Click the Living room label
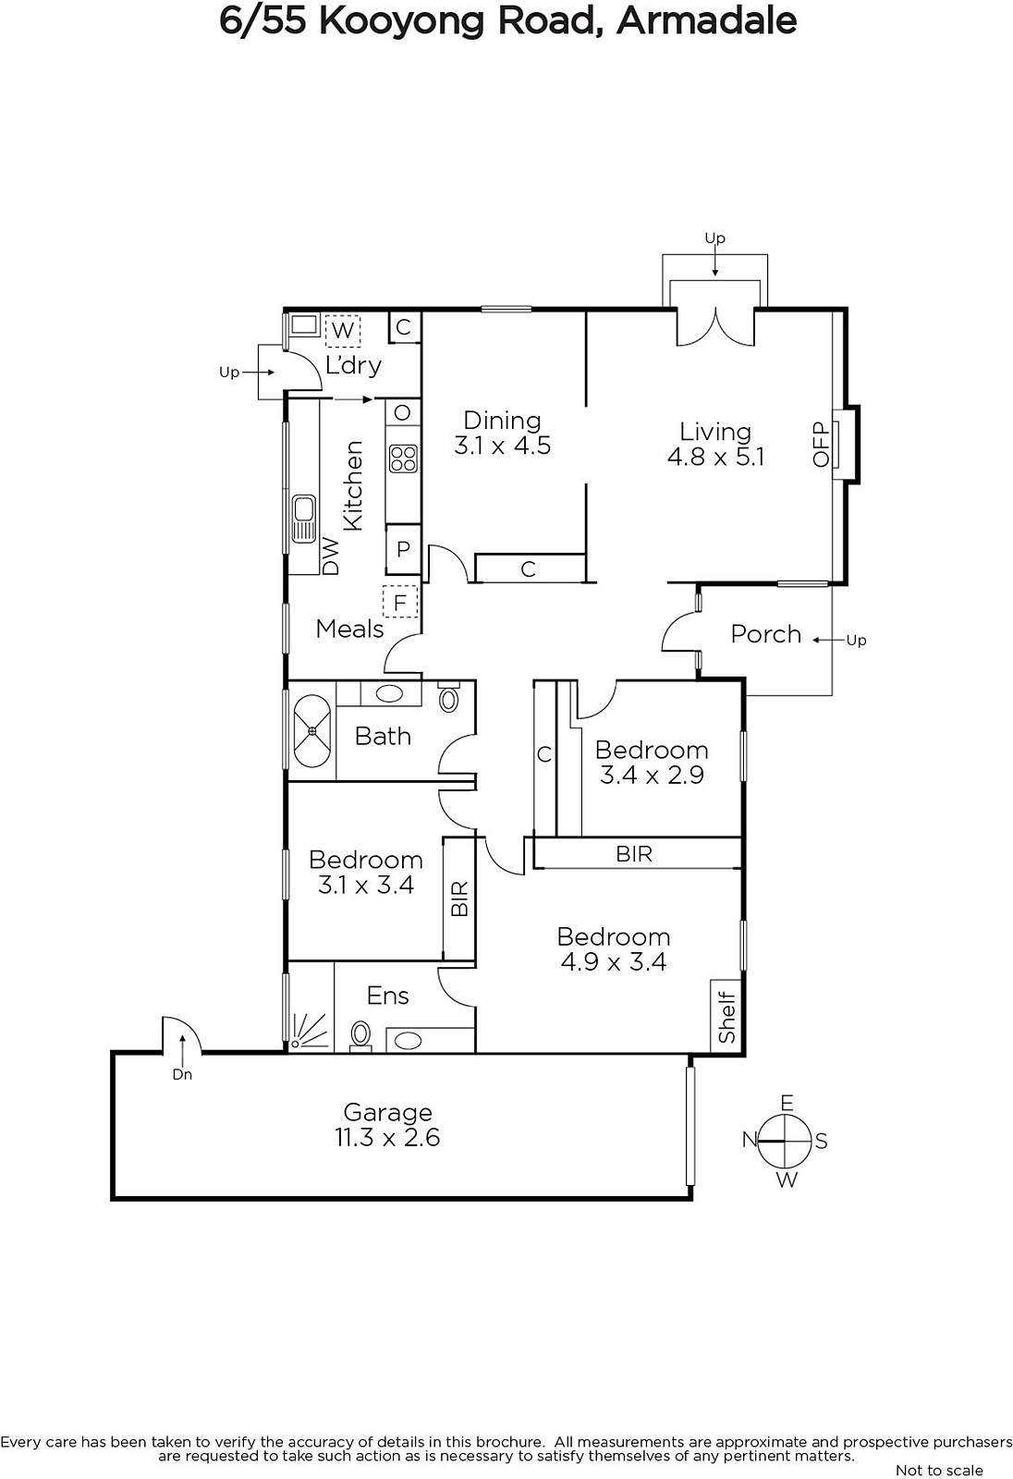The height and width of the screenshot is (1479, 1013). pyautogui.click(x=715, y=432)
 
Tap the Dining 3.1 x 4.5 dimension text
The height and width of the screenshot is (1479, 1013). pyautogui.click(x=503, y=445)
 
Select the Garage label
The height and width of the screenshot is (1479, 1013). pyautogui.click(x=387, y=1113)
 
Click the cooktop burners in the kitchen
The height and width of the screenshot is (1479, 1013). pyautogui.click(x=403, y=458)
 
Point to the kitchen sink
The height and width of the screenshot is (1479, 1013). pyautogui.click(x=304, y=519)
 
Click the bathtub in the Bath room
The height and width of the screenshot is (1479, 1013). pyautogui.click(x=311, y=730)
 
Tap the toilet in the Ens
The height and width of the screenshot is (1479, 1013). pyautogui.click(x=360, y=1034)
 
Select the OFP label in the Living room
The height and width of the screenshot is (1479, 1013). pyautogui.click(x=821, y=445)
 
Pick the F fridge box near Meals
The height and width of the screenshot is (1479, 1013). pyautogui.click(x=399, y=602)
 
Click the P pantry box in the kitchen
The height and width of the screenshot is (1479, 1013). pyautogui.click(x=403, y=548)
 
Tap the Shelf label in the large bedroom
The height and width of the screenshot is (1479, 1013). pyautogui.click(x=726, y=1017)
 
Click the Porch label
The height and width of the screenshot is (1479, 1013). pyautogui.click(x=766, y=634)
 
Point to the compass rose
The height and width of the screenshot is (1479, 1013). pyautogui.click(x=785, y=1141)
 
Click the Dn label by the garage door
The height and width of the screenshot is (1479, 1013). pyautogui.click(x=182, y=1075)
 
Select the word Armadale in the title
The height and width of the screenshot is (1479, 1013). pyautogui.click(x=706, y=21)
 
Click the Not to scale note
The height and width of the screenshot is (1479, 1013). pyautogui.click(x=939, y=1470)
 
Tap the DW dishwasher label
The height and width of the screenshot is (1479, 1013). pyautogui.click(x=331, y=556)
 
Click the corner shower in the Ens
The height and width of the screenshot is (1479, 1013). pyautogui.click(x=310, y=1030)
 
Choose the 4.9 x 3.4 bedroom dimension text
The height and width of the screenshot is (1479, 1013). pyautogui.click(x=614, y=962)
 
